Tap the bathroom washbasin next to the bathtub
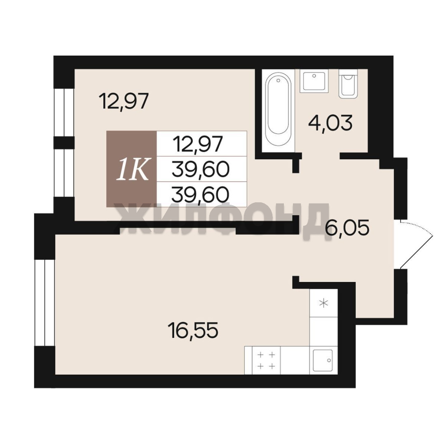tap(314, 81)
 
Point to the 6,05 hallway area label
tap(347, 228)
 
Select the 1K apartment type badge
tap(133, 169)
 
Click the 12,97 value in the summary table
tap(199, 144)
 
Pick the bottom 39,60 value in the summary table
tap(200, 194)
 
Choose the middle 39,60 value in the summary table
tap(200, 169)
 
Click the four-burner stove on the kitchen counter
tap(266, 361)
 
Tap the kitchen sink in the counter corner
tap(323, 361)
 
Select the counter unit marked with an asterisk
tap(323, 303)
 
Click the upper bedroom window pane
tap(64, 112)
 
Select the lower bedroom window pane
tap(64, 173)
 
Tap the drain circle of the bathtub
tap(279, 81)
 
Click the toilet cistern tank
tap(349, 72)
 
